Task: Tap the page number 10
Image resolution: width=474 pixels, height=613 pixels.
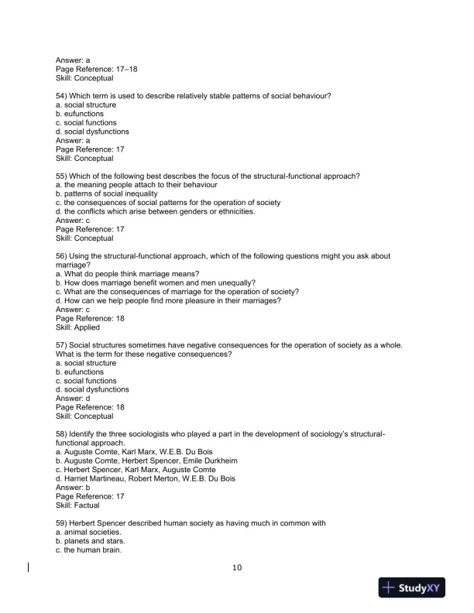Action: pyautogui.click(x=237, y=567)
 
